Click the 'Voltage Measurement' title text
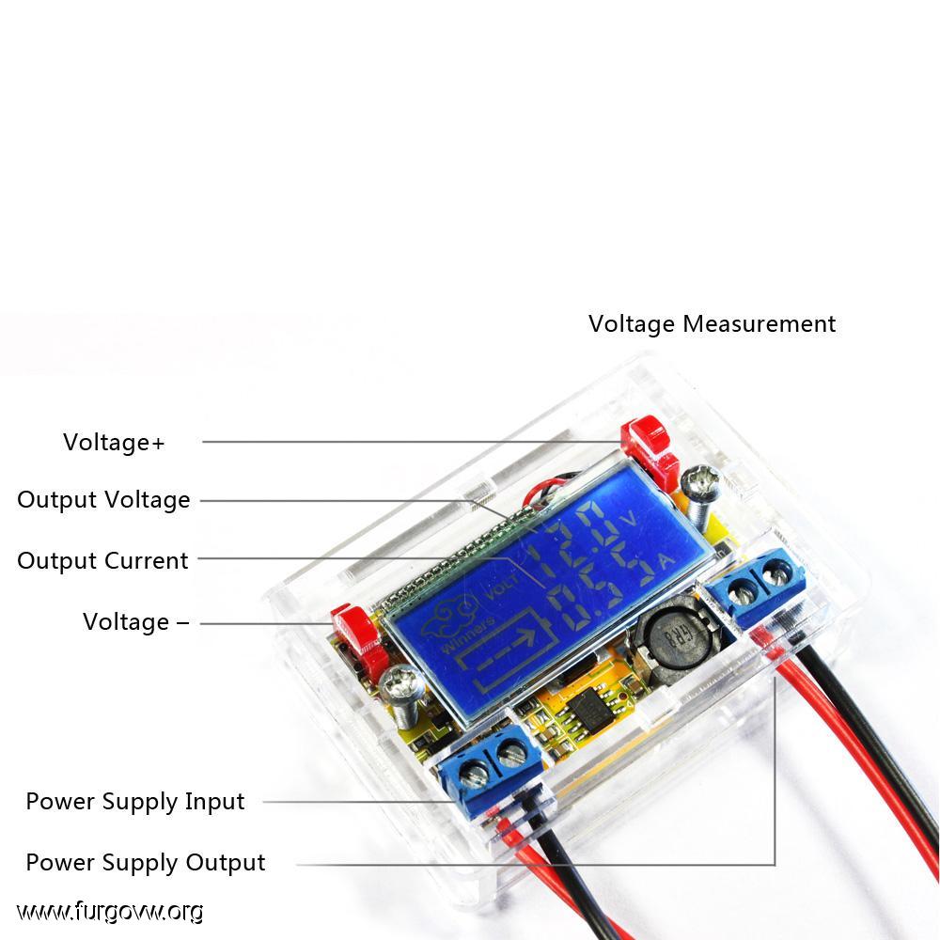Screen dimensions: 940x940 [x=712, y=324]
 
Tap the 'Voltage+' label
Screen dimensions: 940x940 [x=114, y=443]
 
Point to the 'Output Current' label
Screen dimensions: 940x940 [x=102, y=560]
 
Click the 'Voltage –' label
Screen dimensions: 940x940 [x=136, y=621]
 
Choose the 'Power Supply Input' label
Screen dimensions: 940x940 [x=134, y=802]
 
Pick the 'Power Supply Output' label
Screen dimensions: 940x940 [x=145, y=863]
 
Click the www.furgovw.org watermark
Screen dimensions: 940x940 [x=110, y=912]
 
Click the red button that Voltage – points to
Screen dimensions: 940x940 [x=358, y=635]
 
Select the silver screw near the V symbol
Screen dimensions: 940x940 [x=699, y=491]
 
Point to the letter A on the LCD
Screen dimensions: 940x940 [x=666, y=562]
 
